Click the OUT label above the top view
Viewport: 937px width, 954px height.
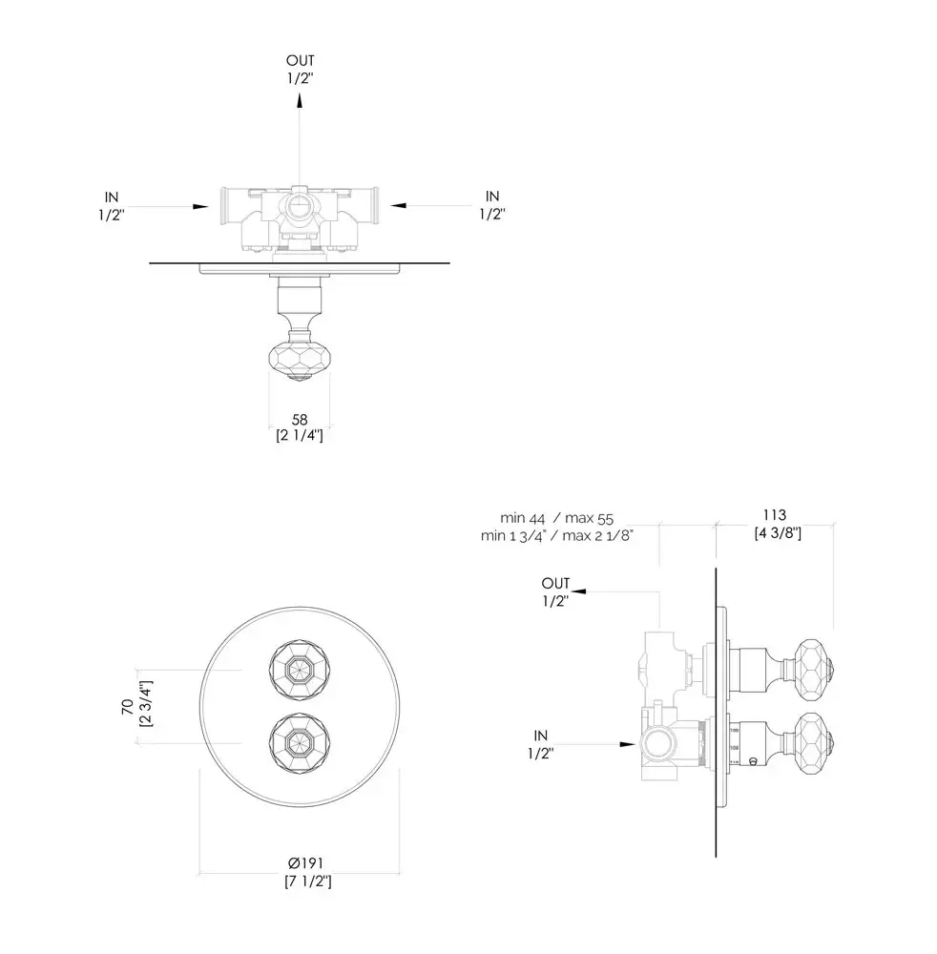pos(300,61)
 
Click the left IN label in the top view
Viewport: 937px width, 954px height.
pos(112,197)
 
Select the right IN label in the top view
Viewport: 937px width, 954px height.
pos(492,197)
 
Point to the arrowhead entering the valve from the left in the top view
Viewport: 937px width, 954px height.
pos(200,207)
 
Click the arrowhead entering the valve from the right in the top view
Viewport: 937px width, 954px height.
pos(398,206)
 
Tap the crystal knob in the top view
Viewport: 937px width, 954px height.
pos(300,361)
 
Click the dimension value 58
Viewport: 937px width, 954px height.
pos(300,420)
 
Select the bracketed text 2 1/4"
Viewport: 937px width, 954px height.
pos(300,436)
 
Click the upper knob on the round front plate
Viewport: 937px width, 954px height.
pos(300,670)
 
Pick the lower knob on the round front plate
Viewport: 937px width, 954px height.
pos(300,743)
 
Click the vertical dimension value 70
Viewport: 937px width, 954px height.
pos(128,706)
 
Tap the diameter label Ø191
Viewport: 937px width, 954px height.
pos(306,863)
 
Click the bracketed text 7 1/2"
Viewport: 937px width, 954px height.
pos(308,881)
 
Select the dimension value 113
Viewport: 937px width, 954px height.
pos(775,515)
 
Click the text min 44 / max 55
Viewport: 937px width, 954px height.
pos(556,518)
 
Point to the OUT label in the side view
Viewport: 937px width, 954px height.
pos(555,584)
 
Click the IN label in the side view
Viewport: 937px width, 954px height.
pos(540,736)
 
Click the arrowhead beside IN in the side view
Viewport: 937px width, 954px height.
pos(628,744)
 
